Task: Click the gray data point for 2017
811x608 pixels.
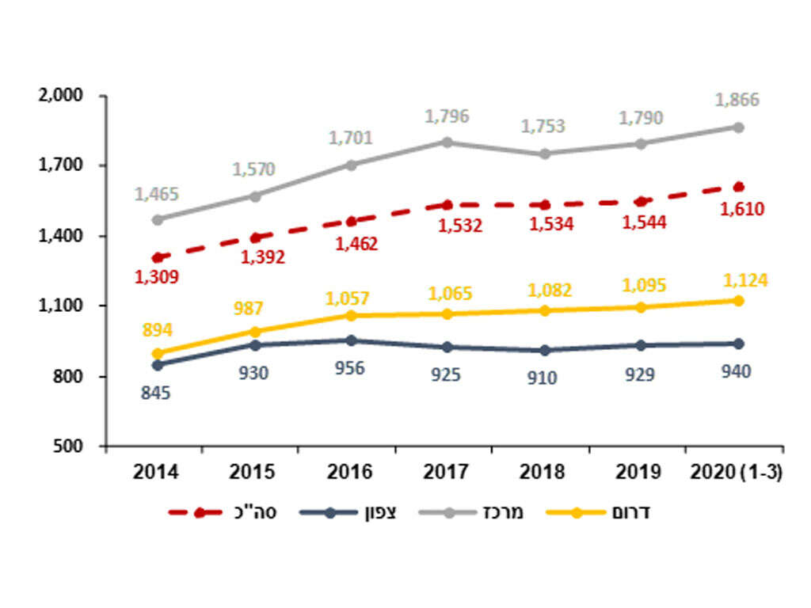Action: (447, 142)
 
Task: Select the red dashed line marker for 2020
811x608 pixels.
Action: (738, 187)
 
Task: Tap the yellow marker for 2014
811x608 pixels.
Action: (157, 354)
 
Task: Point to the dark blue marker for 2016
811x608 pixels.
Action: (350, 340)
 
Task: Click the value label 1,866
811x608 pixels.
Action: (737, 101)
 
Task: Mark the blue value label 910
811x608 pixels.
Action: (543, 378)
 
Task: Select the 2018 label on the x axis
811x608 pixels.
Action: (543, 473)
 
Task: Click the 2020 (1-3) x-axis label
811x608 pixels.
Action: (737, 473)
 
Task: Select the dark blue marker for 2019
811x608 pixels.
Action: (641, 345)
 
